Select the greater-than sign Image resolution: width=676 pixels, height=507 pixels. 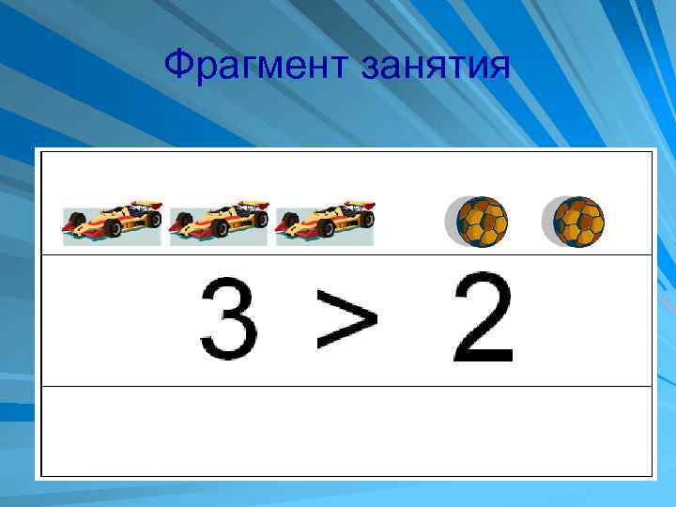[346, 319]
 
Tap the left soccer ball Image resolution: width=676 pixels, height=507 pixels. [481, 223]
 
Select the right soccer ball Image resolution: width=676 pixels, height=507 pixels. [577, 223]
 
